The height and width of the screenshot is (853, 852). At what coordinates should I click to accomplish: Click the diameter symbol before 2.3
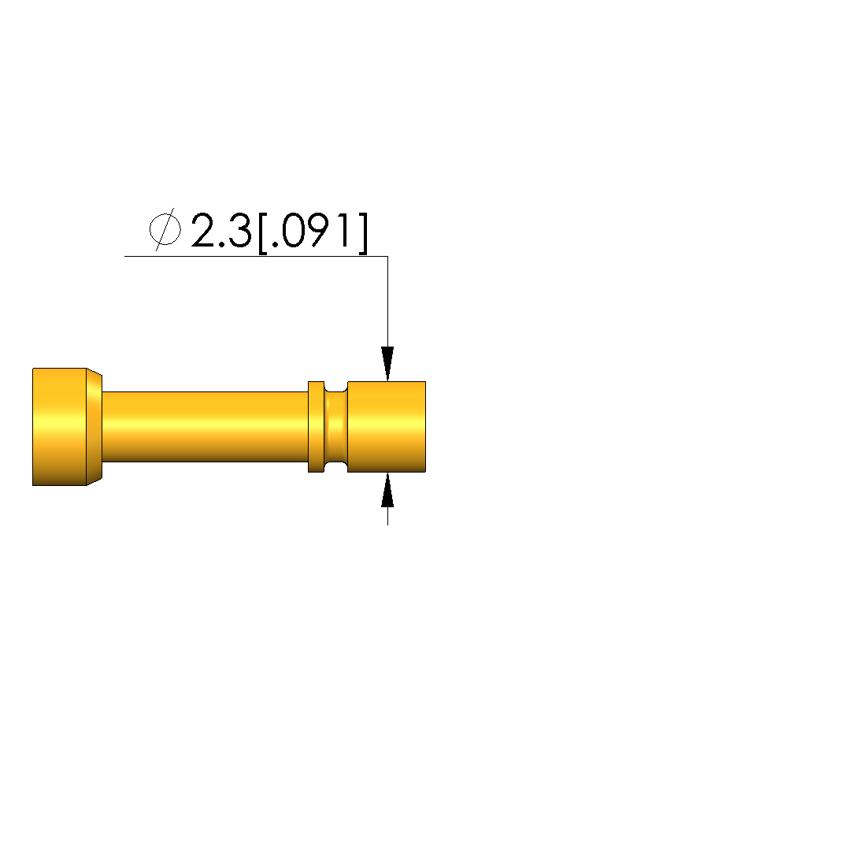click(165, 229)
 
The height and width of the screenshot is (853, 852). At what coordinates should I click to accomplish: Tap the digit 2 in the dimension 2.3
click(205, 231)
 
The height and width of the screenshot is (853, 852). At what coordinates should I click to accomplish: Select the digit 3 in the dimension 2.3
click(239, 231)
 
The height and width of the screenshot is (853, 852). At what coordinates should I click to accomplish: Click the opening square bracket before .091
click(263, 233)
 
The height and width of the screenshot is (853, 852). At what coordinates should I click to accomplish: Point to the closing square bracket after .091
click(363, 233)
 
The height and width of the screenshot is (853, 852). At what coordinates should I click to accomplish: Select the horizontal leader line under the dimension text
click(256, 256)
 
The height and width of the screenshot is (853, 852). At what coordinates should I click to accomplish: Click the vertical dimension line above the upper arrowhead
click(387, 302)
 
